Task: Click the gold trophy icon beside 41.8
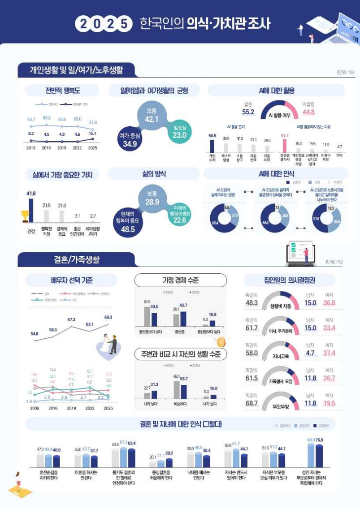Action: (25, 216)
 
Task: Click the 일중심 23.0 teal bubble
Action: (179, 131)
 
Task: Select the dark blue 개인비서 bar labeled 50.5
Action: (212, 146)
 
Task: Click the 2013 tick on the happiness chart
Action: (31, 147)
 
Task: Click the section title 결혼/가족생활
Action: (74, 259)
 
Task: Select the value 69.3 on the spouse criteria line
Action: (108, 317)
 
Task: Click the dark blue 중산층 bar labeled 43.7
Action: (183, 319)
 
